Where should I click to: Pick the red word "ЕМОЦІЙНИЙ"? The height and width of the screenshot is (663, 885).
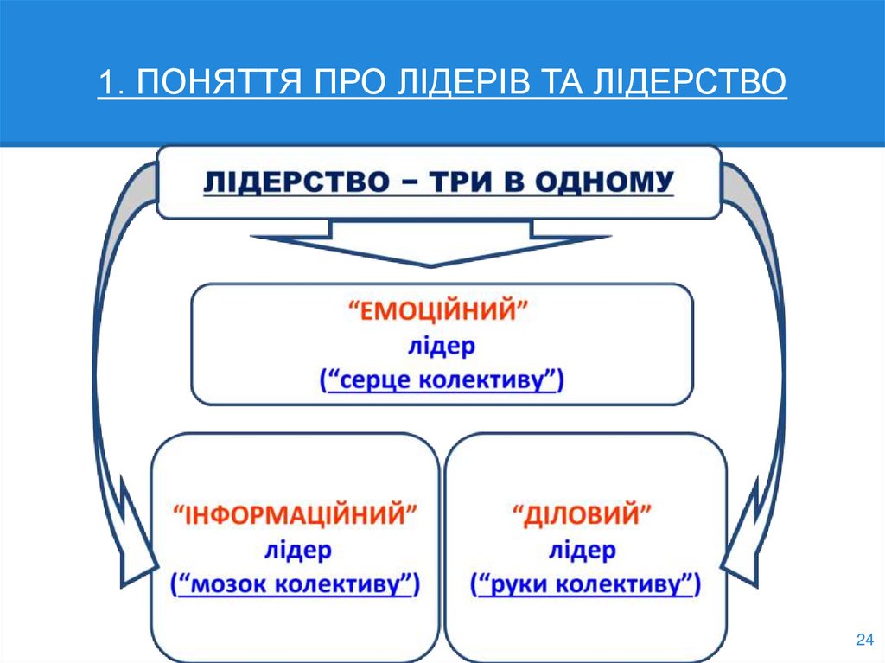click(x=441, y=312)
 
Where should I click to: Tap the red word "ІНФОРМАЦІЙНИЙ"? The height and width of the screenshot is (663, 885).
click(x=295, y=517)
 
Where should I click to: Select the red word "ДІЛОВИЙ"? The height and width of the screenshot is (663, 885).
click(x=584, y=517)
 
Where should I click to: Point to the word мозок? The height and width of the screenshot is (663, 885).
click(x=227, y=584)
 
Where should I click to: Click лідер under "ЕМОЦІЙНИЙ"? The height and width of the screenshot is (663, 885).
click(x=441, y=347)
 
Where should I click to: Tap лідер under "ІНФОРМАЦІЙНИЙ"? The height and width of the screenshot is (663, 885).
click(x=295, y=551)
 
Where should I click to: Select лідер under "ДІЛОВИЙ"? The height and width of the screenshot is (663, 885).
click(x=584, y=551)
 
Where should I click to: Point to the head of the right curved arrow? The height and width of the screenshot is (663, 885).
click(x=742, y=553)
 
